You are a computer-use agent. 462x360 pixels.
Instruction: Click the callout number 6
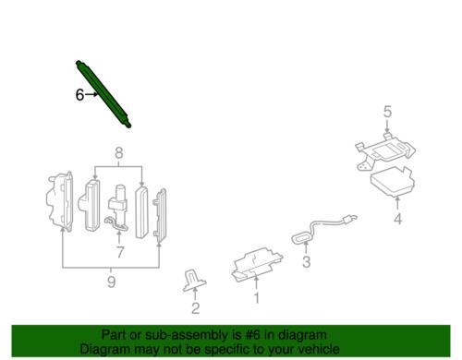[x=79, y=94]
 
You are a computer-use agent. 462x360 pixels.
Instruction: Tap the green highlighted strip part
[x=103, y=94]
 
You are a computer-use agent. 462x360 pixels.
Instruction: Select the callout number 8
[x=119, y=153]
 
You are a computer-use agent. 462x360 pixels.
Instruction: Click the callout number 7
[x=119, y=252]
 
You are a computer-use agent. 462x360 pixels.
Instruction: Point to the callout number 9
[x=111, y=282]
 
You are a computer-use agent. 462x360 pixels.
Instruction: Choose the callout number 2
[x=195, y=308]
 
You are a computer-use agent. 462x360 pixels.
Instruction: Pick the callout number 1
[x=256, y=297]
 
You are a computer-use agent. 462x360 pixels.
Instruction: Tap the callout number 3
[x=306, y=262]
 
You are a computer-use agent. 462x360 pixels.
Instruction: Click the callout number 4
[x=398, y=219]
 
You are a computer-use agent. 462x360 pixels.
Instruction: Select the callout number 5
[x=387, y=112]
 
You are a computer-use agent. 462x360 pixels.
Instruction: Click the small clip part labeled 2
[x=194, y=281]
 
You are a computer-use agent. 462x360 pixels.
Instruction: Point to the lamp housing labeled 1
[x=257, y=264]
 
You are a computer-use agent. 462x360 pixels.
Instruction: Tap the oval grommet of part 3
[x=302, y=238]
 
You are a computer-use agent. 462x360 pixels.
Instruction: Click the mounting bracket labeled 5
[x=385, y=150]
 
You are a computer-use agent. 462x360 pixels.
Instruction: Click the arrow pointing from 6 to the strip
[x=91, y=94]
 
